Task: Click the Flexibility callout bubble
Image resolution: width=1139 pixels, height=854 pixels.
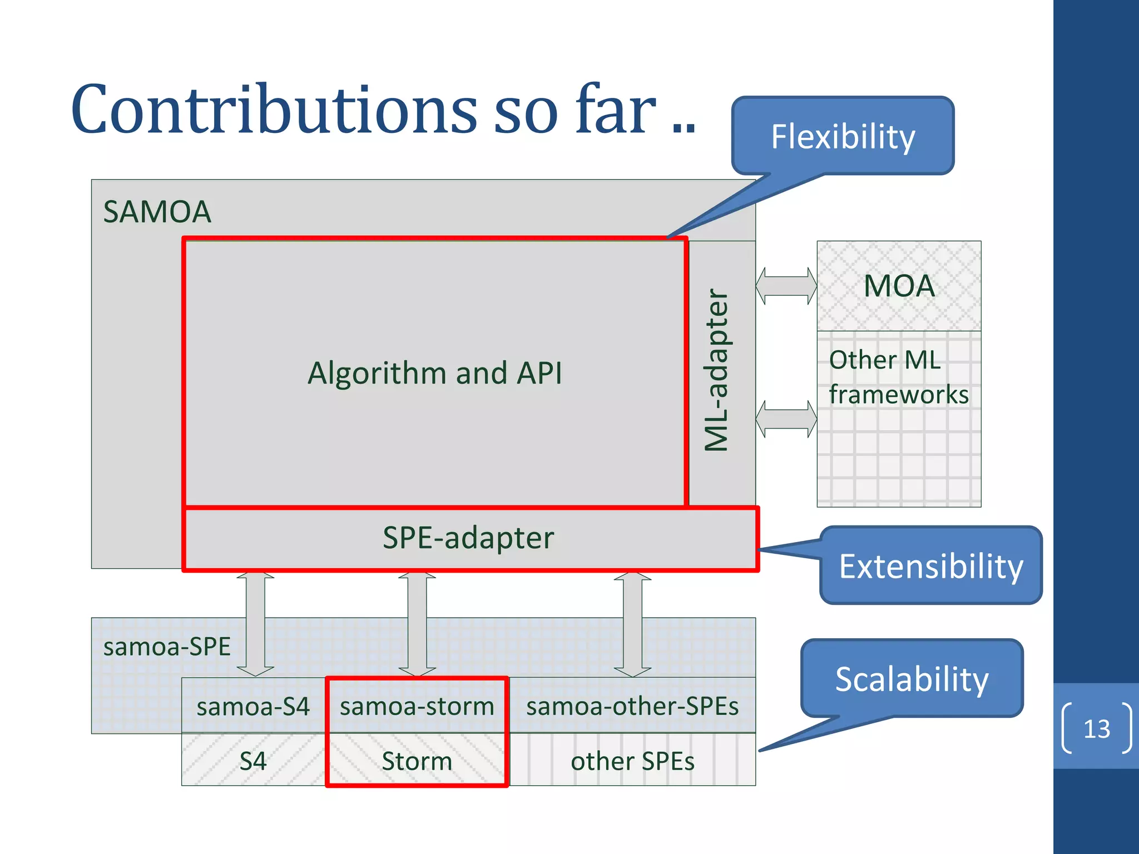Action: click(843, 136)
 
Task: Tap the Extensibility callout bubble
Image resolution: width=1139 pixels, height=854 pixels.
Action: click(930, 566)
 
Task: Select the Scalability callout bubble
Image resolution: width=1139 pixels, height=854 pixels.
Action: click(912, 679)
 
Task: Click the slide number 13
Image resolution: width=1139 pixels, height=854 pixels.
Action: click(1096, 728)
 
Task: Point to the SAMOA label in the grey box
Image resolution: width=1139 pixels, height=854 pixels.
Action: click(157, 212)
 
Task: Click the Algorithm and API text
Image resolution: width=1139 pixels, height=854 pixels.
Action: click(434, 373)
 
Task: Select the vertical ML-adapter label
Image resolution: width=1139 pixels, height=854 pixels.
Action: click(716, 370)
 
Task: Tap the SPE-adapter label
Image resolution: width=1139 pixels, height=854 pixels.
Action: click(468, 538)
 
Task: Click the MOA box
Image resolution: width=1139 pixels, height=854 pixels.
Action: click(899, 286)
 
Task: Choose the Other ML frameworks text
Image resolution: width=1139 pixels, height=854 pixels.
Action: click(898, 377)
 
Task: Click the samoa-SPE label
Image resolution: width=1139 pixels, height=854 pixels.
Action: click(167, 647)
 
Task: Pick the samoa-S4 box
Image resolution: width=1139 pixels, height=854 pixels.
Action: click(253, 706)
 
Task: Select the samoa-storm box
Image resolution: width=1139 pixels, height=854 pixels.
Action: click(417, 706)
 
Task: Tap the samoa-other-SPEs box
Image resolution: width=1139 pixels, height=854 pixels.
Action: click(632, 706)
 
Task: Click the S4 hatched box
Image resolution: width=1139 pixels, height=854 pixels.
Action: click(253, 760)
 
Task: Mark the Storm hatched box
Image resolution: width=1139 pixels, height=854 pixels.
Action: click(417, 760)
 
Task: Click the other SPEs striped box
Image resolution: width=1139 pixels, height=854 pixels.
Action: click(632, 760)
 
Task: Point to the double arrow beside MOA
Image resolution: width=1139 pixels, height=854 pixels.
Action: click(786, 286)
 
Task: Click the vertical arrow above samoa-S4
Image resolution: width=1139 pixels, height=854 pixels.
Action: click(255, 623)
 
